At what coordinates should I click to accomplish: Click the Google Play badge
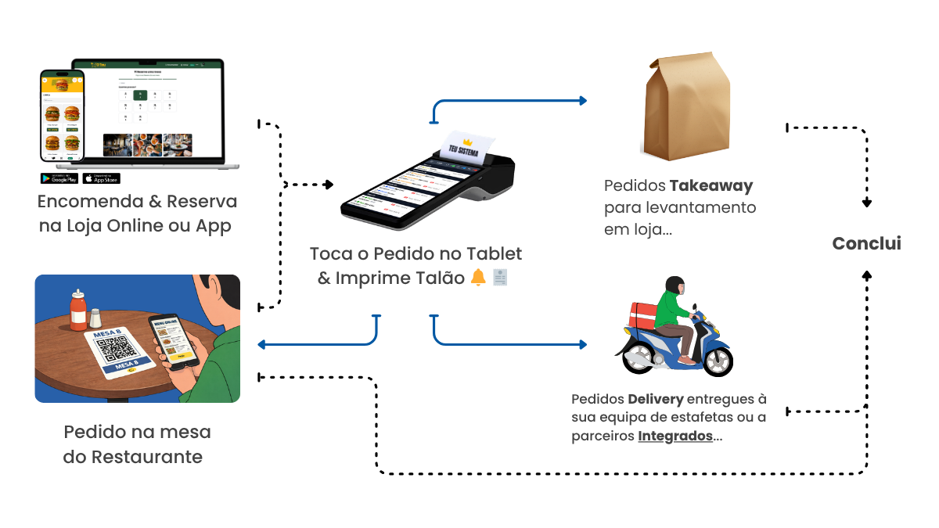[x=59, y=178]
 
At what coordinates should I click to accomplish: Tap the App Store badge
[x=101, y=178]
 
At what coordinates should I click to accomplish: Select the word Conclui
[x=866, y=243]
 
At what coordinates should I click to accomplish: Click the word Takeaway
[x=711, y=186]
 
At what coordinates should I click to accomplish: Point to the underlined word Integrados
[x=675, y=436]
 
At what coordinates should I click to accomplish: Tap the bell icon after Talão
[x=478, y=278]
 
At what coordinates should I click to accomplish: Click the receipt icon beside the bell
[x=500, y=278]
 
